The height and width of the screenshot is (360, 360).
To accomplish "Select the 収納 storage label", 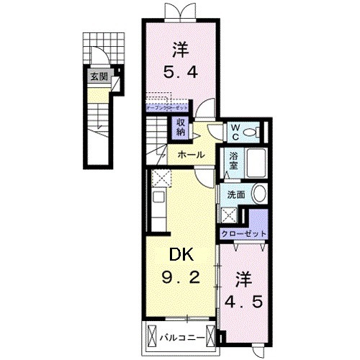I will coord(180,127).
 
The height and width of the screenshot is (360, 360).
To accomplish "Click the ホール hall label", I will coord(190,155).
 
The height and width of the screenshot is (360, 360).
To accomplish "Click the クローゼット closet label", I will coord(244,234).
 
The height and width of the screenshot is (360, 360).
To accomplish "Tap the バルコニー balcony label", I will coord(179,335).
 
